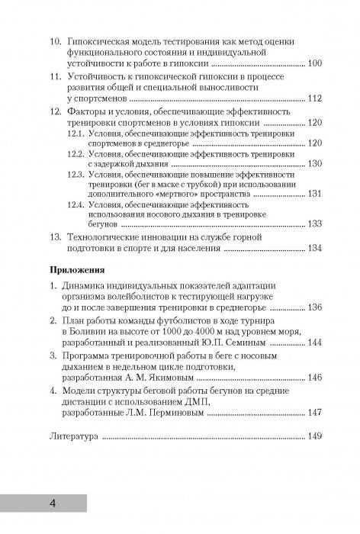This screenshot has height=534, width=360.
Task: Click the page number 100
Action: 313,63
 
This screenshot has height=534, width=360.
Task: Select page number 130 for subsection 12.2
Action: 314,164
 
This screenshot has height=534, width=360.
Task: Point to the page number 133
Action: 314,224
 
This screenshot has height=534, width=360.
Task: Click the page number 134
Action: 313,248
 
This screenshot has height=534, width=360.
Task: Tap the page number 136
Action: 313,308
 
